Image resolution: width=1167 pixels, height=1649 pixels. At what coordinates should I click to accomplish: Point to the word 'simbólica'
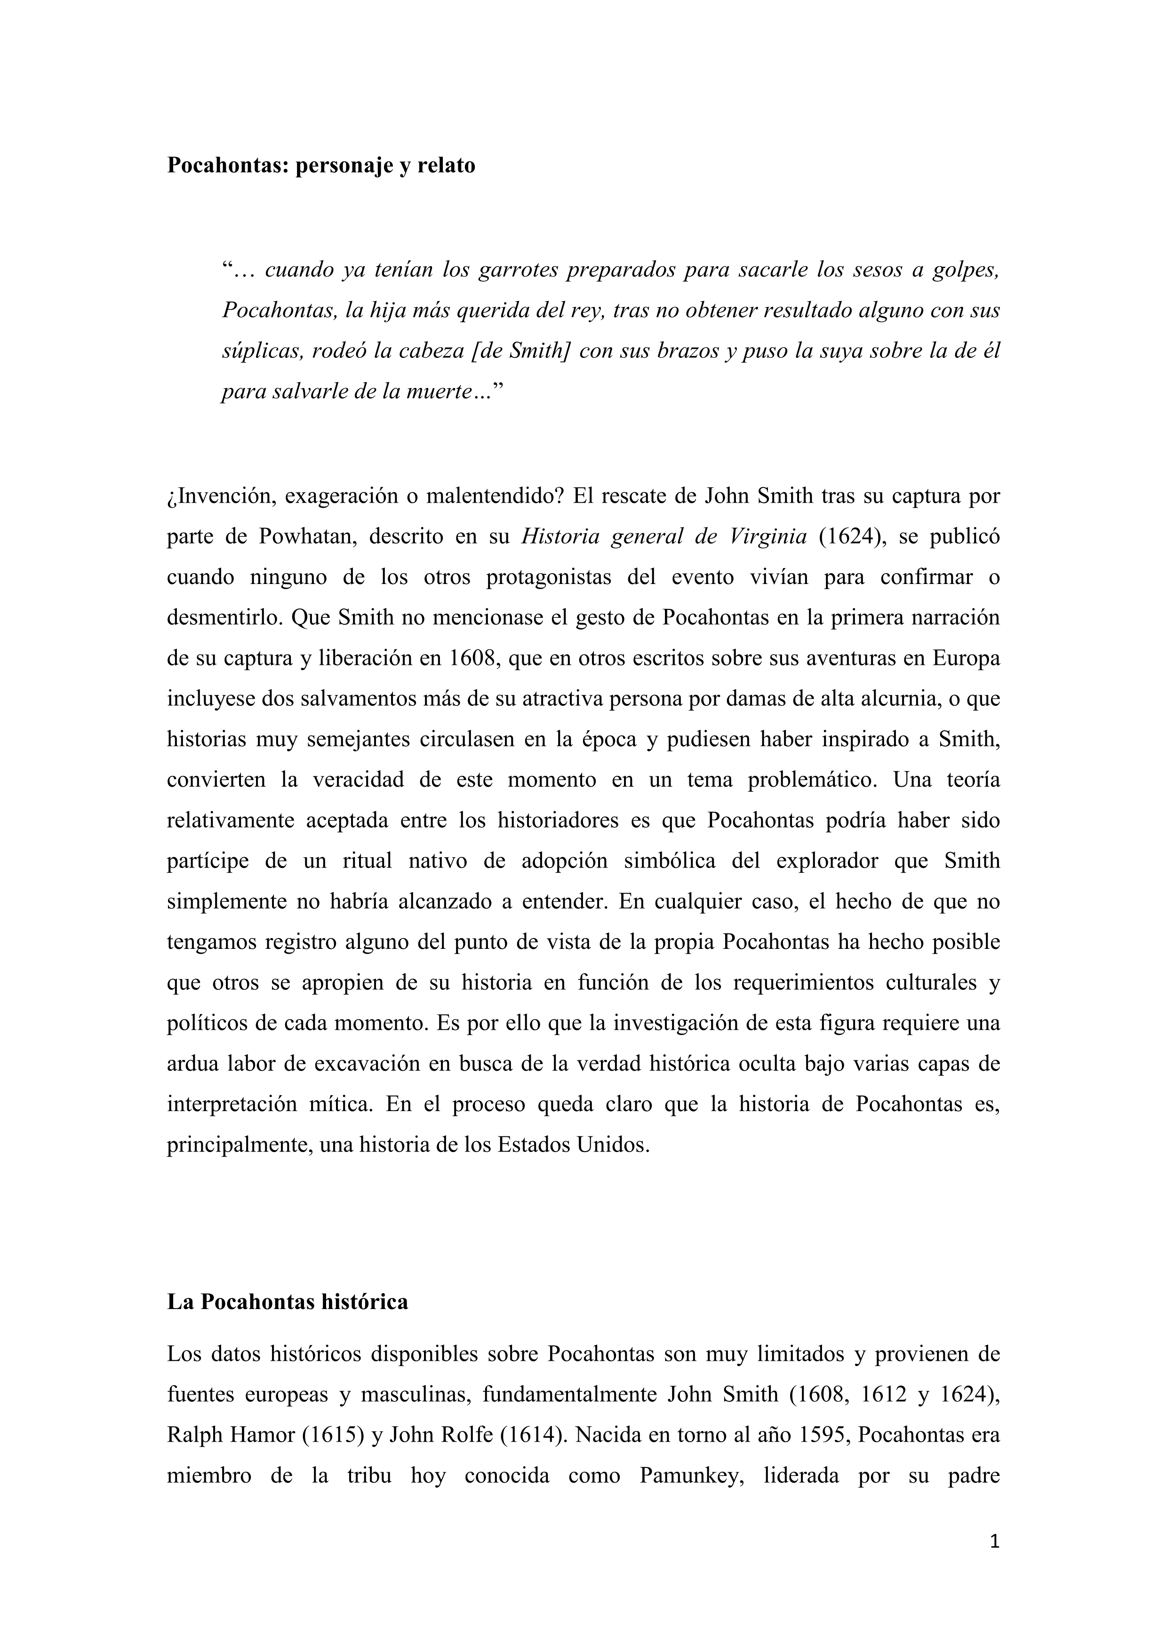click(669, 861)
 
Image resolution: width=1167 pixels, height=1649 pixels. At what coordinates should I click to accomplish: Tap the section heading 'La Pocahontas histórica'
click(288, 1302)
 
